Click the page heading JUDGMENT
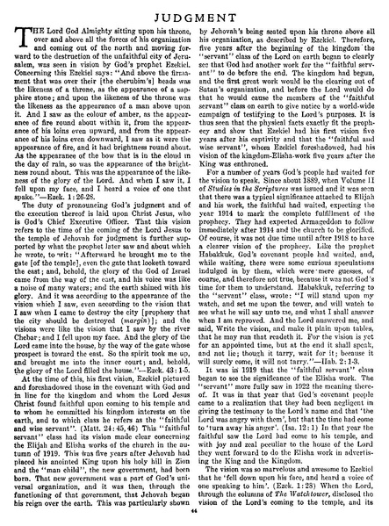point(194,11)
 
